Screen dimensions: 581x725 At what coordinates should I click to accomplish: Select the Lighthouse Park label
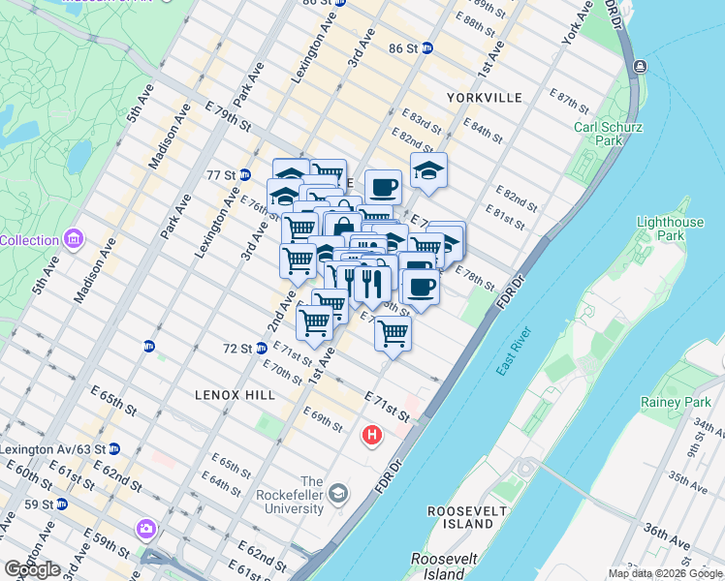pyautogui.click(x=670, y=229)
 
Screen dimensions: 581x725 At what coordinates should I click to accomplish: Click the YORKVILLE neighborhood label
pyautogui.click(x=485, y=98)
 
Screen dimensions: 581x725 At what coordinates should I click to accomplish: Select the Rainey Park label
pyautogui.click(x=676, y=402)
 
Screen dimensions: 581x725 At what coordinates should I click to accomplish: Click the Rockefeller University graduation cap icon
pyautogui.click(x=337, y=495)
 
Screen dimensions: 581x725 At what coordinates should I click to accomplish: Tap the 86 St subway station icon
pyautogui.click(x=426, y=47)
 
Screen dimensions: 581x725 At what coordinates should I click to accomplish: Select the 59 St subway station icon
pyautogui.click(x=62, y=505)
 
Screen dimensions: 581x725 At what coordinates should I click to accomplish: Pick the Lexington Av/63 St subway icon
pyautogui.click(x=114, y=449)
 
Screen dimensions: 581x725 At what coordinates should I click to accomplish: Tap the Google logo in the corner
pyautogui.click(x=32, y=569)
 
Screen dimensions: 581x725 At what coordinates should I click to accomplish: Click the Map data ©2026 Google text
pyautogui.click(x=664, y=573)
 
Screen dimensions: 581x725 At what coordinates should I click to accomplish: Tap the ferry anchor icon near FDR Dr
pyautogui.click(x=640, y=66)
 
